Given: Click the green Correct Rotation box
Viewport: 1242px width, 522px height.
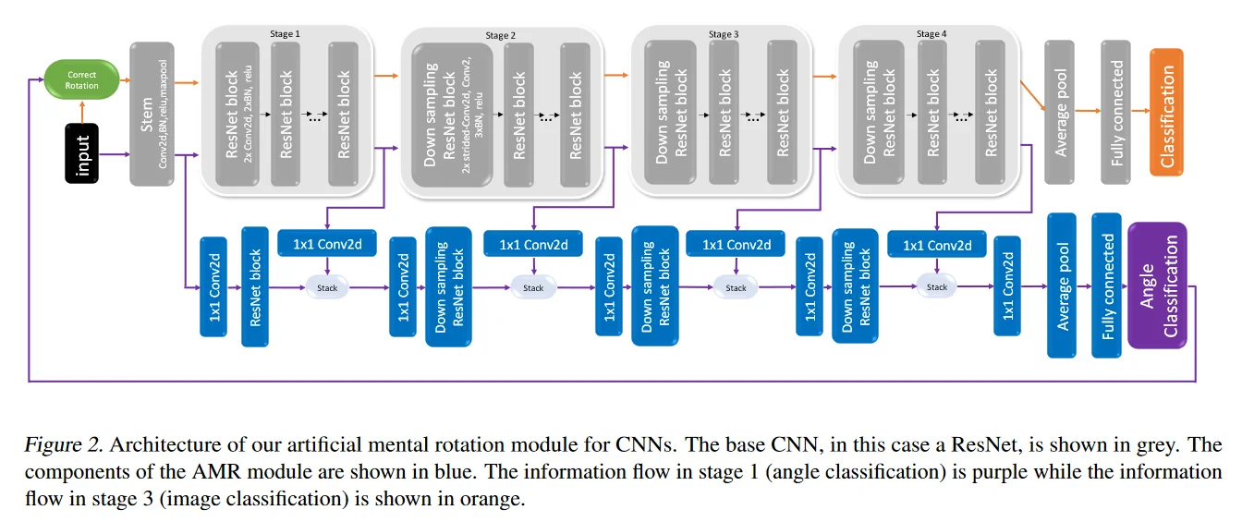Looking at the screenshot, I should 81,79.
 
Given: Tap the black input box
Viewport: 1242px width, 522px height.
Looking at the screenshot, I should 82,152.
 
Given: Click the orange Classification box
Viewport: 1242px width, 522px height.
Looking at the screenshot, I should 1165,112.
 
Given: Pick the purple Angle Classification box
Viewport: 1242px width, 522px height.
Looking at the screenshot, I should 1156,285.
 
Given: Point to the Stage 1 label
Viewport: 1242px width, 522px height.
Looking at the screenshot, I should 284,34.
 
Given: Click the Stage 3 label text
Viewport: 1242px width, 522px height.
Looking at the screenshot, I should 723,34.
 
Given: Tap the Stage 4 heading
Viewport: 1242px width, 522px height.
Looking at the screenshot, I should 931,34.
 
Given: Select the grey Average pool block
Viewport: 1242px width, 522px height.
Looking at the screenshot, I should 1059,112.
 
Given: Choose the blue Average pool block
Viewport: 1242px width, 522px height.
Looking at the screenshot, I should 1062,285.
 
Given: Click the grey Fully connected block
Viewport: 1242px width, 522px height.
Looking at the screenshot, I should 1116,112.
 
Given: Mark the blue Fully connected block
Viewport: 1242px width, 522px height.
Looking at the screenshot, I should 1106,285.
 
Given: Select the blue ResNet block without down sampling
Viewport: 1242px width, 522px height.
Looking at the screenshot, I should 255,285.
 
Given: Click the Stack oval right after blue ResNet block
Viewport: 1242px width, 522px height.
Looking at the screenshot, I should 327,287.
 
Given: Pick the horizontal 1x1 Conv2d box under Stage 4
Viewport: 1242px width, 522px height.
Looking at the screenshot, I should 936,245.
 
